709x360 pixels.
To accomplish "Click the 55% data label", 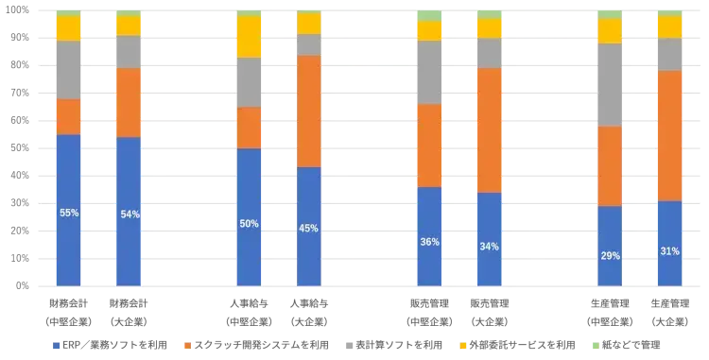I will click(x=69, y=214).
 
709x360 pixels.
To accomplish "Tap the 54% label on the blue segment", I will click(x=130, y=214).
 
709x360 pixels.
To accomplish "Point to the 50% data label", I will click(x=250, y=224).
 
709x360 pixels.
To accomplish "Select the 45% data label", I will click(x=308, y=228).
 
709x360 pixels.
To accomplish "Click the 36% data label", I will click(x=429, y=242).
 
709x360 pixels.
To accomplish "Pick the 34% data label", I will click(x=490, y=247).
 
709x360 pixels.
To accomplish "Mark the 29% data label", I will click(x=610, y=256).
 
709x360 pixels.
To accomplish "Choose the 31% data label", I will click(x=669, y=251).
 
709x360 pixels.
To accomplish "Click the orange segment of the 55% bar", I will click(x=68, y=116).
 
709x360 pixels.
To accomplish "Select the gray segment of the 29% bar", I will click(x=610, y=85).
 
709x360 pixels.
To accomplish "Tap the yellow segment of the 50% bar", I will click(x=250, y=37).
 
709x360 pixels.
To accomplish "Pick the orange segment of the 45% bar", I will click(x=309, y=111).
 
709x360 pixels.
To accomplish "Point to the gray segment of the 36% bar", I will click(x=429, y=72).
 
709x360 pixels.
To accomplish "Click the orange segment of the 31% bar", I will click(x=669, y=135).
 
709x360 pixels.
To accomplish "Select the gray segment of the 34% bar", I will click(x=490, y=53).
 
